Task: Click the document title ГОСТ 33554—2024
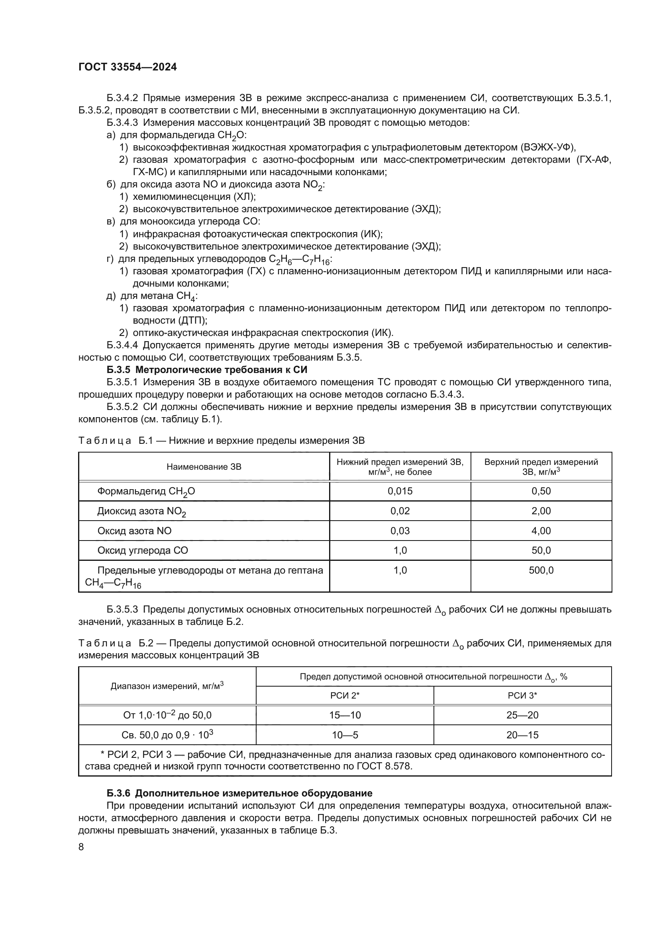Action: point(127,67)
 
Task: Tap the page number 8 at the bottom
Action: point(81,847)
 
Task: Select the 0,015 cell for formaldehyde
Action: point(400,491)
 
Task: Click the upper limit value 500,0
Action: point(541,570)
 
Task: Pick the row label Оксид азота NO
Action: point(134,531)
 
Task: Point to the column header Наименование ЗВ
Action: point(204,467)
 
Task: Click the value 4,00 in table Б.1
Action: point(541,531)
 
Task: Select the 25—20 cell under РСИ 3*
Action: point(522,715)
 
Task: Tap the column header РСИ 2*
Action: point(345,696)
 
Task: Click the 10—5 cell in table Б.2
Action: point(345,735)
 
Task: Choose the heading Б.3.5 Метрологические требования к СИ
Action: point(207,369)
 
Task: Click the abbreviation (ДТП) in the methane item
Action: point(192,320)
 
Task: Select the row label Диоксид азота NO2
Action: point(141,511)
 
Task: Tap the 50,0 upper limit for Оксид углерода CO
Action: point(541,550)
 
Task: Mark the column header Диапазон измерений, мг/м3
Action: point(167,686)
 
